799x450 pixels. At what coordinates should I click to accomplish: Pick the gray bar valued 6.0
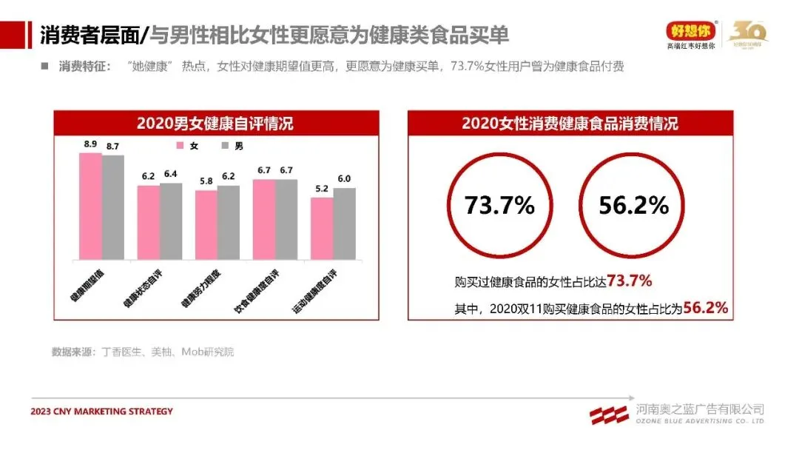click(x=344, y=223)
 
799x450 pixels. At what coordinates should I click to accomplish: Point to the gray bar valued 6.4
click(x=171, y=221)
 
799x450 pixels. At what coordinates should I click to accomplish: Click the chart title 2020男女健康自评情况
click(x=215, y=123)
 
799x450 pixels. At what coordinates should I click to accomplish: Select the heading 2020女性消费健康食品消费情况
click(x=570, y=123)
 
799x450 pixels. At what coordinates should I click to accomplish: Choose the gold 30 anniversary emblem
click(x=748, y=32)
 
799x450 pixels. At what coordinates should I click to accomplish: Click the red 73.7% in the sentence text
click(x=629, y=281)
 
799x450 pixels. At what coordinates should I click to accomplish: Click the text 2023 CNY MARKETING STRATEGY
click(x=102, y=412)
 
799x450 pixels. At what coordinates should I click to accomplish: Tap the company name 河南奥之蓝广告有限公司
click(x=699, y=409)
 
